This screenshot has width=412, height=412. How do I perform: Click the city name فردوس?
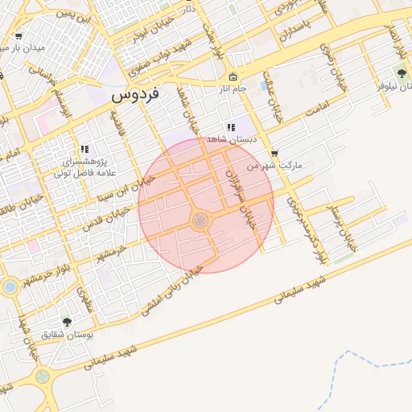pos(135,94)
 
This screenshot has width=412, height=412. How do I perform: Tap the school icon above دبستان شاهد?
pos(231,127)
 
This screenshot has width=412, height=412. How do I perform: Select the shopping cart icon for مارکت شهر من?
pos(274,153)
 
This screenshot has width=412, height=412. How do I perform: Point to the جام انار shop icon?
pos(233,78)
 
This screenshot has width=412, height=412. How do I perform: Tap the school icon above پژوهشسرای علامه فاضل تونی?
pos(84,149)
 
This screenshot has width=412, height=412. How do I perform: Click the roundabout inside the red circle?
pos(200,220)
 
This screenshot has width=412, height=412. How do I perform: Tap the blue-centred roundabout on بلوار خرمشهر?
pos(10,286)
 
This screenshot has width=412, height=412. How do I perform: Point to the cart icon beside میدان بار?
pos(18,36)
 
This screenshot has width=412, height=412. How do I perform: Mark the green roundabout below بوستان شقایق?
pos(42,375)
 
